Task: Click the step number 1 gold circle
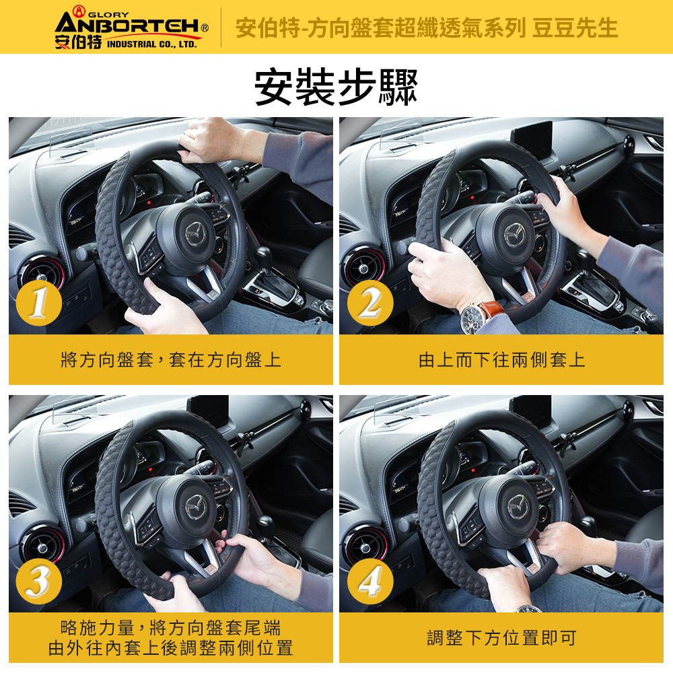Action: click(x=38, y=303)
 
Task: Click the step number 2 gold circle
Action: click(x=370, y=303)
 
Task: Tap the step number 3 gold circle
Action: click(x=38, y=581)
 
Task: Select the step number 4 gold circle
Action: click(x=370, y=581)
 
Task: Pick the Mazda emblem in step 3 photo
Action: click(x=196, y=507)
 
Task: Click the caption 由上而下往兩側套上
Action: click(x=501, y=359)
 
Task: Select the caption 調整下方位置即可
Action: click(x=501, y=638)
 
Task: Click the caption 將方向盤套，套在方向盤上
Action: click(x=171, y=359)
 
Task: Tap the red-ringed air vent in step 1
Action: click(x=42, y=271)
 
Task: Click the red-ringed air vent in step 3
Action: click(x=43, y=546)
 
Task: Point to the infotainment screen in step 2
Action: click(x=532, y=138)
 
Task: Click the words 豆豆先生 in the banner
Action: click(x=575, y=28)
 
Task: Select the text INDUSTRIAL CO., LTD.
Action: click(x=151, y=44)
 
